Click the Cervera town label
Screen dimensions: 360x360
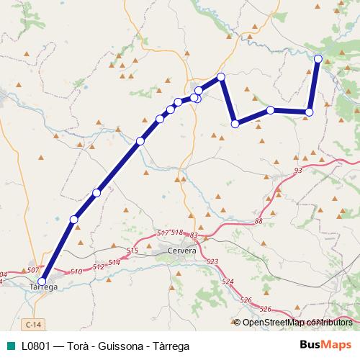pyautogui.click(x=181, y=250)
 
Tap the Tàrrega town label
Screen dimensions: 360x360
pyautogui.click(x=42, y=287)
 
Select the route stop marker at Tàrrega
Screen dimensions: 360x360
pyautogui.click(x=42, y=282)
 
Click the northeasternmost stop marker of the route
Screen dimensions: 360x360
pyautogui.click(x=318, y=58)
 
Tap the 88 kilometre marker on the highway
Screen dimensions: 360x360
pyautogui.click(x=258, y=222)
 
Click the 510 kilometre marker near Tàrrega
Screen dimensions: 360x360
pyautogui.click(x=77, y=271)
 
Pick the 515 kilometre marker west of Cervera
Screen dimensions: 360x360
pyautogui.click(x=132, y=250)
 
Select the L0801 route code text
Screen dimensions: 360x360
pyautogui.click(x=35, y=346)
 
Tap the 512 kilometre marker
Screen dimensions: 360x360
pyautogui.click(x=99, y=266)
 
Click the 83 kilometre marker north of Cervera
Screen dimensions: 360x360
pyautogui.click(x=193, y=235)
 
